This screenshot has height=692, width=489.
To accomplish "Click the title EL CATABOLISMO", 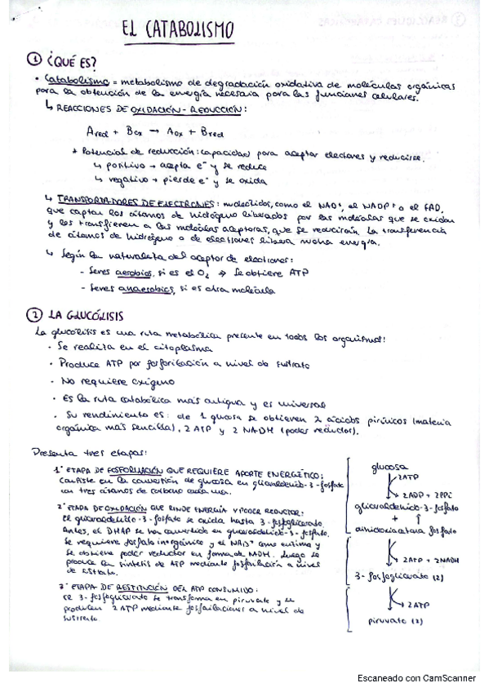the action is pyautogui.click(x=178, y=31).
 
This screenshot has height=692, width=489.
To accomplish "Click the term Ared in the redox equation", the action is pyautogui.click(x=97, y=131).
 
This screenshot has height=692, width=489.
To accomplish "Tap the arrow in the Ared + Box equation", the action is pyautogui.click(x=154, y=131).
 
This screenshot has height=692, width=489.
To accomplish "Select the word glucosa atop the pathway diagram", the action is pyautogui.click(x=389, y=467).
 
